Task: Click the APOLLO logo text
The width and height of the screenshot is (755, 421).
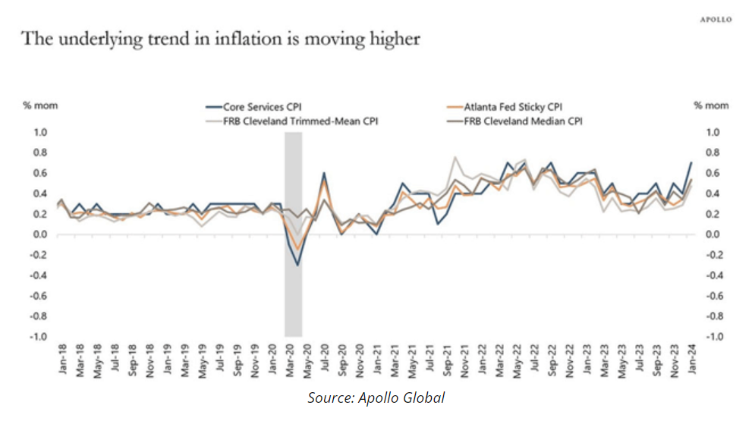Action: click(715, 20)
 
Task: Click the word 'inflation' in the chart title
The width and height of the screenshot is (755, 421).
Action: click(238, 39)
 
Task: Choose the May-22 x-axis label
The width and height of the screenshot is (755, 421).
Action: click(516, 358)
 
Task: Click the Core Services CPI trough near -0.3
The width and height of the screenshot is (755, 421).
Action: click(298, 265)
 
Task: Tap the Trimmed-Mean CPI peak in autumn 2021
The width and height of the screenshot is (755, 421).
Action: click(455, 158)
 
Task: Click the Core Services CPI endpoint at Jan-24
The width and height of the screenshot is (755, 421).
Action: click(691, 162)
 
